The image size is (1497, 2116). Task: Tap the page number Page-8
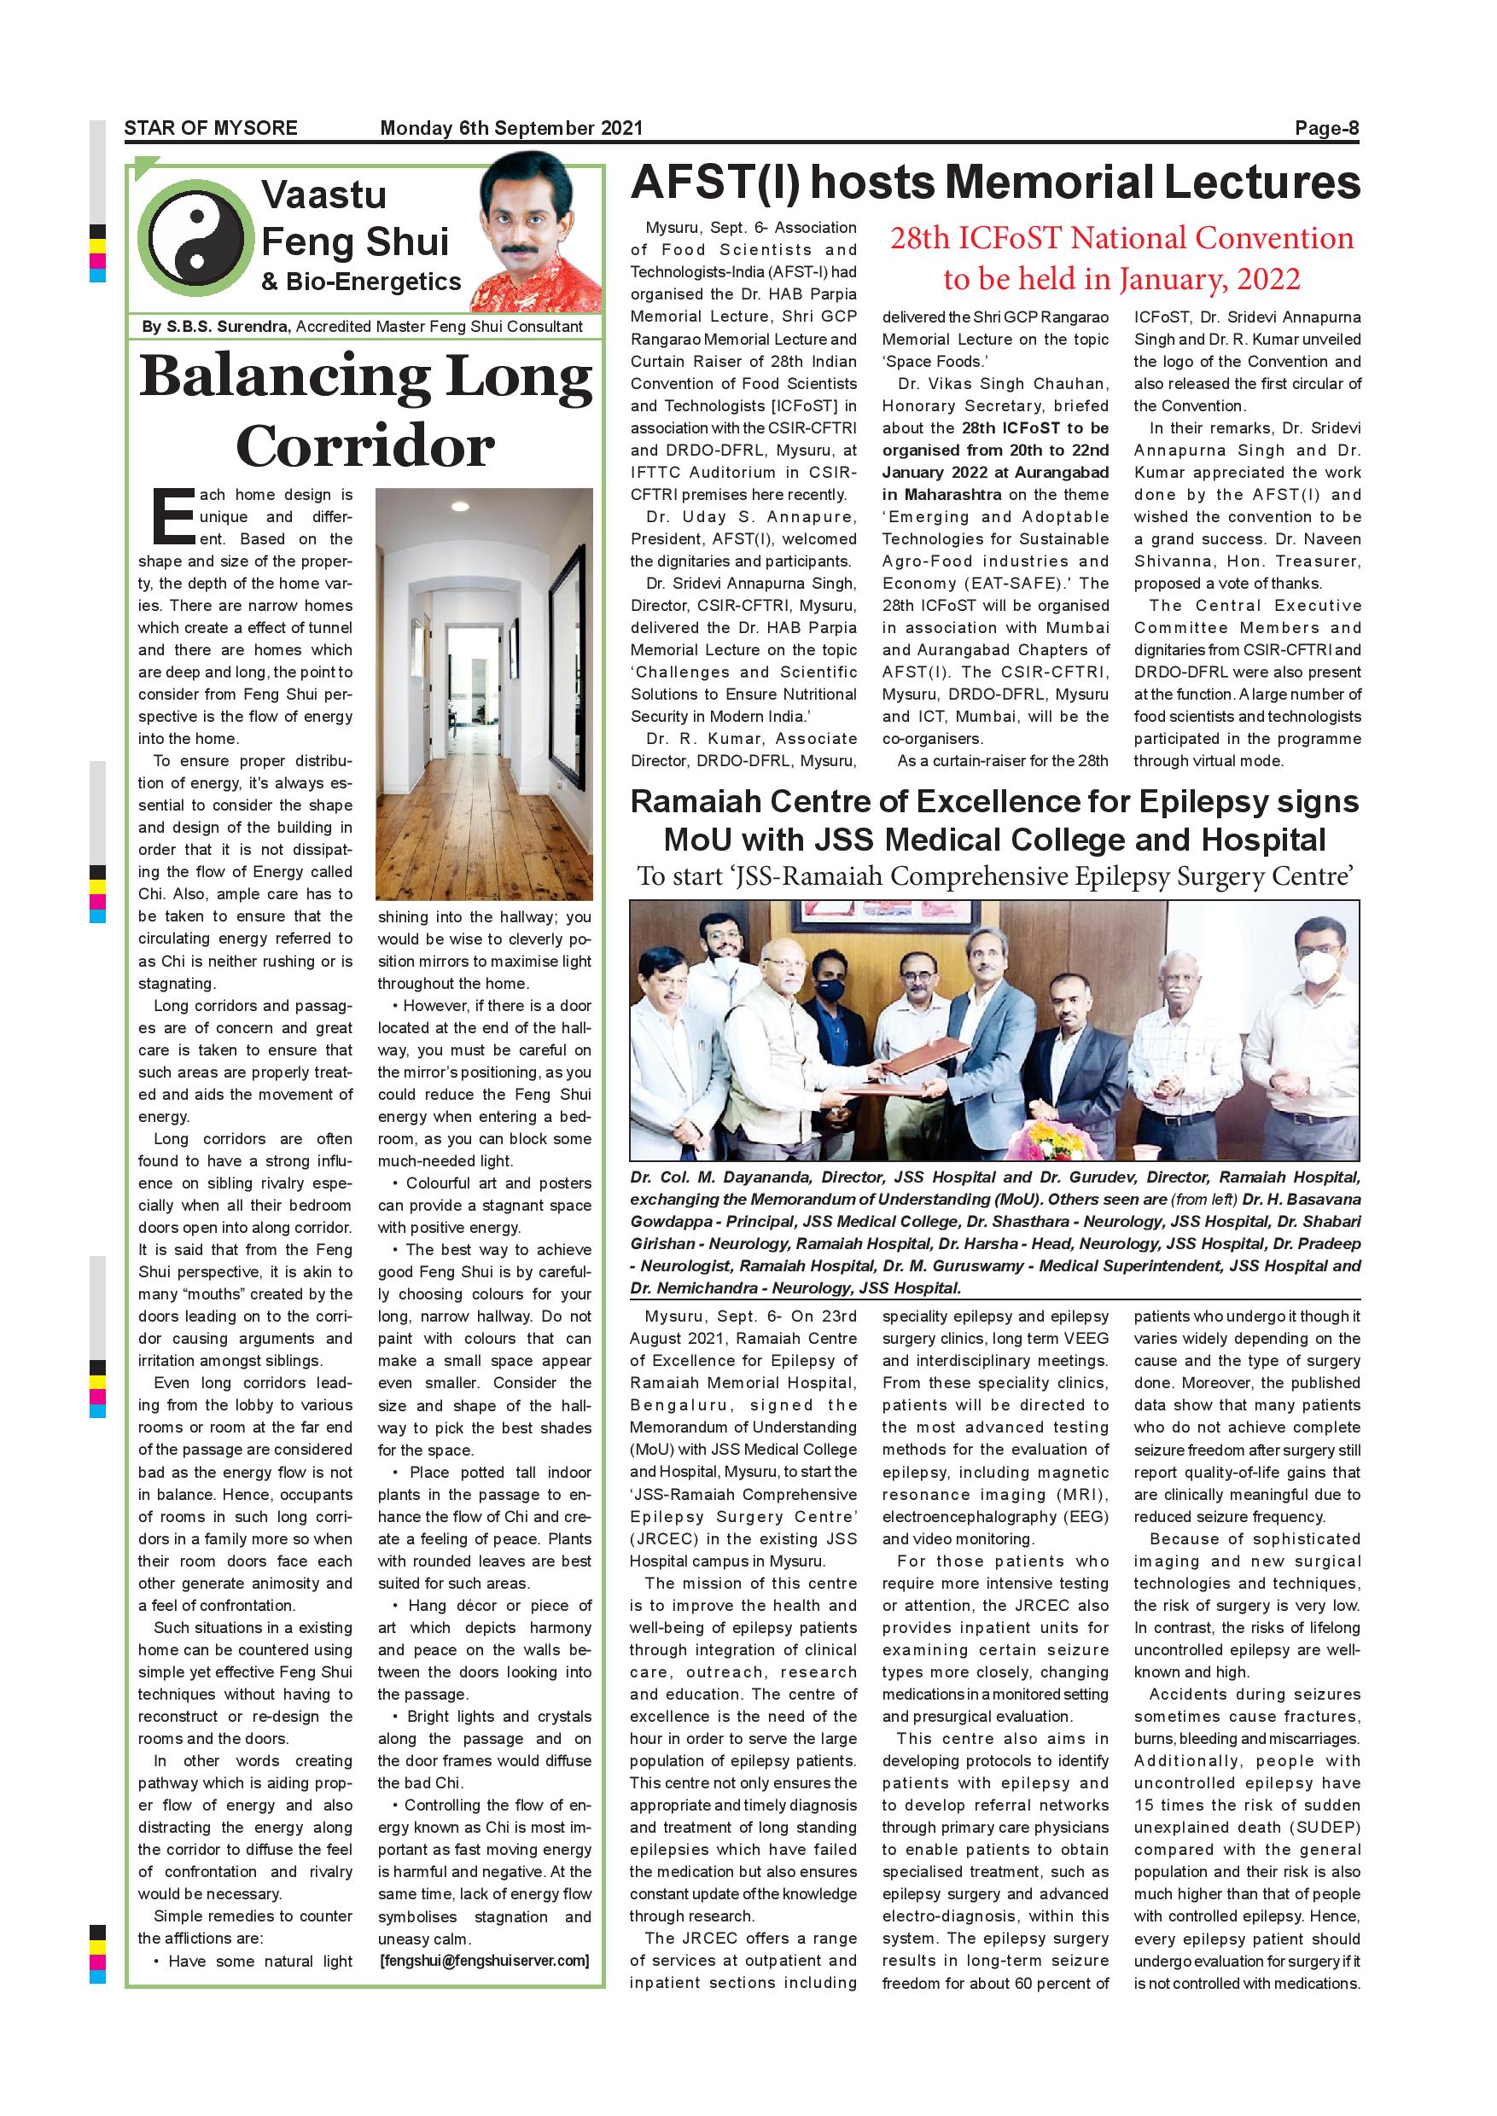pyautogui.click(x=1326, y=128)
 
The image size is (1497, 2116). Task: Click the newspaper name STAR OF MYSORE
pyautogui.click(x=210, y=128)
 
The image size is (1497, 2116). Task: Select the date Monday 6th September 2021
pyautogui.click(x=510, y=128)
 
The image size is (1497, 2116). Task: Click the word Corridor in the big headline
pyautogui.click(x=365, y=448)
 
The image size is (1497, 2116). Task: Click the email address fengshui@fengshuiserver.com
pyautogui.click(x=484, y=1960)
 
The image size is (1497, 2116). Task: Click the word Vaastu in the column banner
pyautogui.click(x=323, y=195)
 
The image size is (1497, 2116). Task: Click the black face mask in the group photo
pyautogui.click(x=829, y=989)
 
